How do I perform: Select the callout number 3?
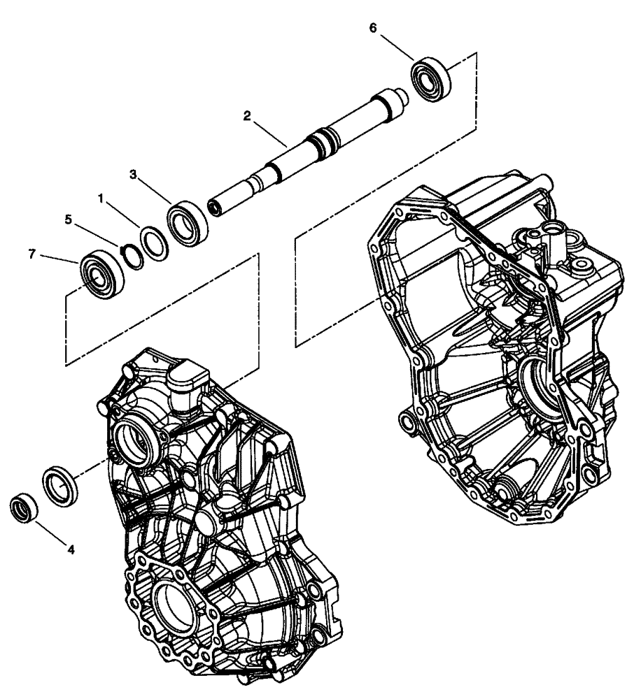pyautogui.click(x=132, y=173)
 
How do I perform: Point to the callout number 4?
pyautogui.click(x=71, y=549)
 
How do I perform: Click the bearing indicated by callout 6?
pyautogui.click(x=431, y=78)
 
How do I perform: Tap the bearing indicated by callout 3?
pyautogui.click(x=188, y=224)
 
